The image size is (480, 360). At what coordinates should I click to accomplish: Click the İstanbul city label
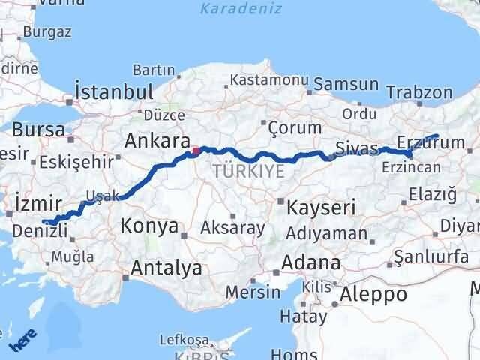[x=115, y=92]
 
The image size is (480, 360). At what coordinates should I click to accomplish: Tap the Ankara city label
[x=156, y=141]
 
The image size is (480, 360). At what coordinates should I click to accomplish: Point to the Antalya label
[x=166, y=267]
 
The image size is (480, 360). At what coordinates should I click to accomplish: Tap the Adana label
[x=310, y=263]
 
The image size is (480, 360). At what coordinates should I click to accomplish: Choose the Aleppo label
[x=373, y=293]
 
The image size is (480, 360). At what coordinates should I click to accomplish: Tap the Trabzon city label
[x=419, y=93]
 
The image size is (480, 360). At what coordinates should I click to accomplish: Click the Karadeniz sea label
[x=231, y=9]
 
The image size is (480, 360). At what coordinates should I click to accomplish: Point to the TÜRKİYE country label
[x=248, y=171]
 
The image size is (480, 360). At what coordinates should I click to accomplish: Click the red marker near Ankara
[x=196, y=151]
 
